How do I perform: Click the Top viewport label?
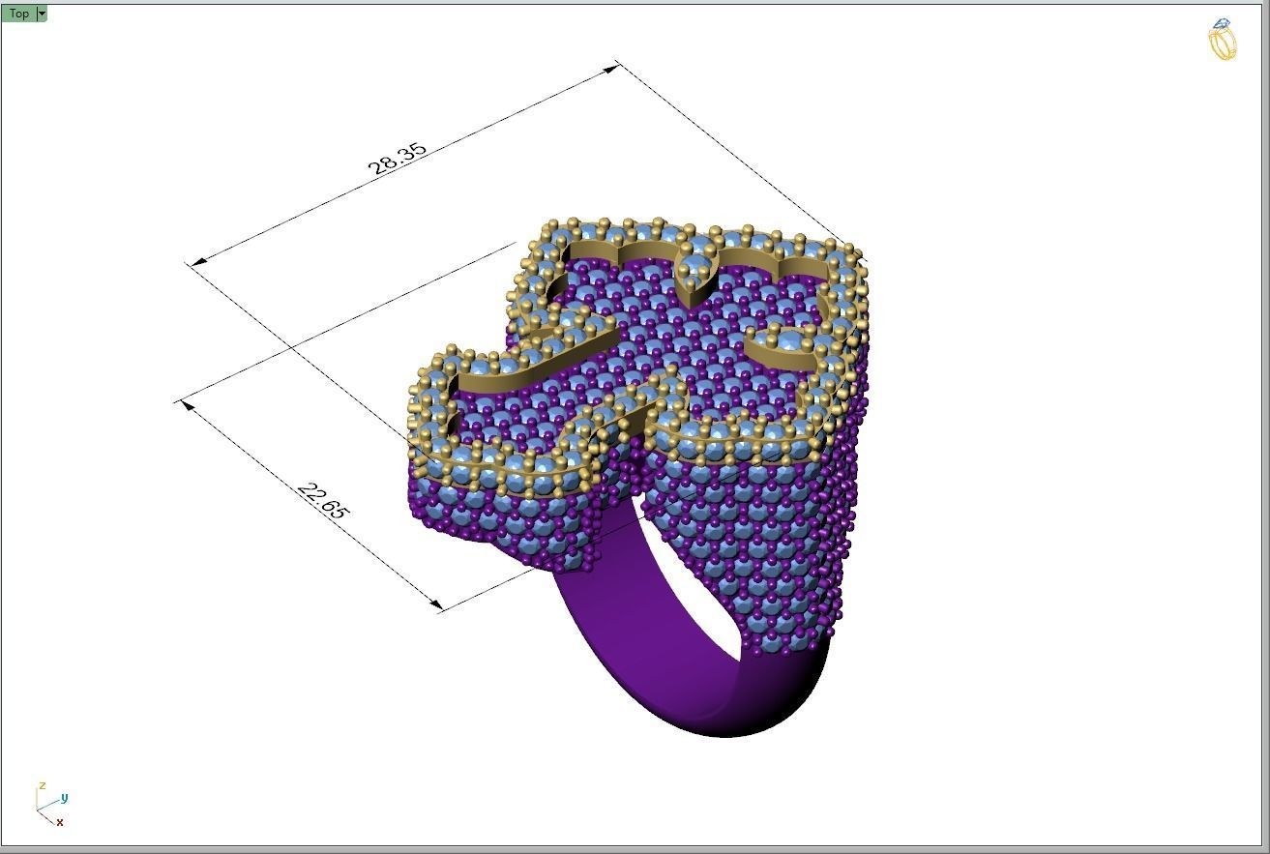(18, 14)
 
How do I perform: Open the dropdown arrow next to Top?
(42, 14)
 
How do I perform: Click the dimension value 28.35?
(397, 158)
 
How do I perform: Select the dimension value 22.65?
(322, 501)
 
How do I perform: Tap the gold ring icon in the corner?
(1224, 44)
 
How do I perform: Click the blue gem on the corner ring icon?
(1223, 24)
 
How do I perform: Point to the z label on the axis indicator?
(42, 785)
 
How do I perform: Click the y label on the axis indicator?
(64, 797)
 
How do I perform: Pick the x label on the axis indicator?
(60, 822)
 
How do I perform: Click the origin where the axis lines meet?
(38, 810)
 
